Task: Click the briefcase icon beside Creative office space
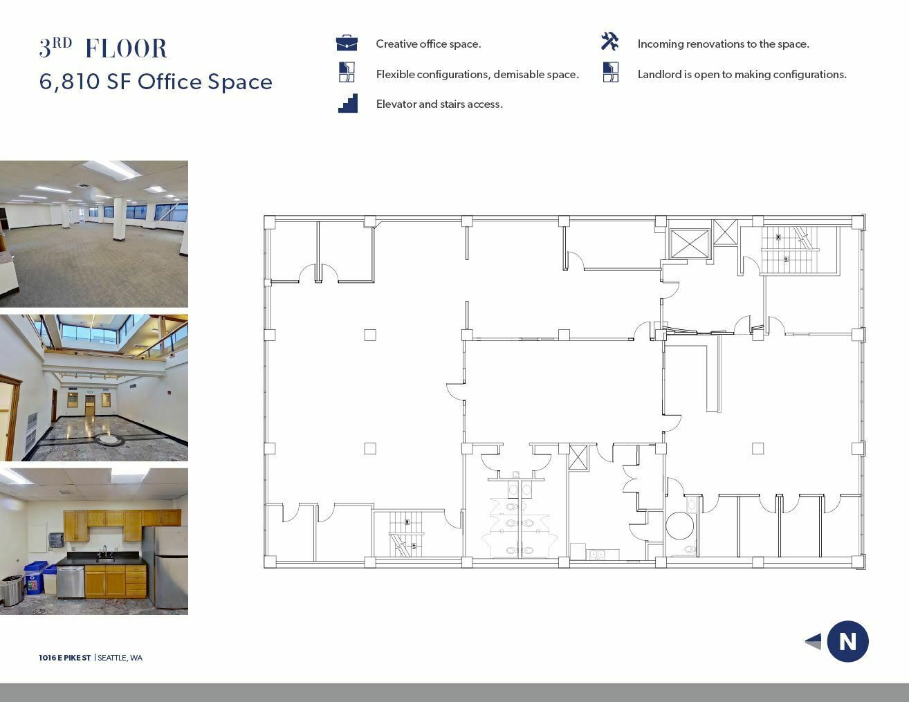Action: point(347,43)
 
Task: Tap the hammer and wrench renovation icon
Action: point(610,41)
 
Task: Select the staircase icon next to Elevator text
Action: point(348,103)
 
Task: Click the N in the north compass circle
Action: point(847,641)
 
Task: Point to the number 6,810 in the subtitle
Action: point(69,82)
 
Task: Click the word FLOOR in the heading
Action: point(127,48)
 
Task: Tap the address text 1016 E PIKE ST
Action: point(65,658)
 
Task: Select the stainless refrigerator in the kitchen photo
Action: point(166,566)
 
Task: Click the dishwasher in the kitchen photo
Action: point(71,582)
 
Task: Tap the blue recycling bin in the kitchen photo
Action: point(35,578)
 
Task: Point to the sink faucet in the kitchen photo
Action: point(105,551)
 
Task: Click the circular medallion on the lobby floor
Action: point(109,439)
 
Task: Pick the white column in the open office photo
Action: point(120,219)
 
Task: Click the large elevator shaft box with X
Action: point(690,243)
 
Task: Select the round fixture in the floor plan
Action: point(680,526)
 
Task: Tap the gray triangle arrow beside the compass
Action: point(813,641)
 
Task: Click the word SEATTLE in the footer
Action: point(111,658)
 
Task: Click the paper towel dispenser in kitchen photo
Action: point(55,539)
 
